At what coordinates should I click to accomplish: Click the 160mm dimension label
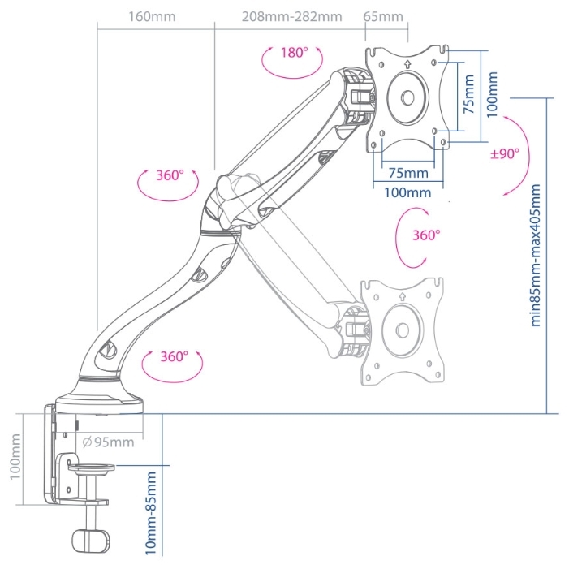coord(152,17)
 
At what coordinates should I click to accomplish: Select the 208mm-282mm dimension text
coord(291,17)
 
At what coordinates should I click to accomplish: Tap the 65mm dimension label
coord(383,17)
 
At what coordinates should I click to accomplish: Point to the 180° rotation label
coord(295,53)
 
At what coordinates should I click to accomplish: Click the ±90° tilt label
coord(505,154)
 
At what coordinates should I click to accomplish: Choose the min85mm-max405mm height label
coord(536,256)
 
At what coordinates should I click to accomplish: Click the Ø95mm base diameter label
coord(108,442)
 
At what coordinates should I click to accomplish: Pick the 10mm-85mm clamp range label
coord(151,513)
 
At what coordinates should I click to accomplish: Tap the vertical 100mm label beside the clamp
coord(15,456)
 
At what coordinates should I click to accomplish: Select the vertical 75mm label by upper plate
coord(469,94)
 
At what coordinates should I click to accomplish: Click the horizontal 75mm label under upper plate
coord(408,173)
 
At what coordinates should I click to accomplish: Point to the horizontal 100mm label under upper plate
coord(407,192)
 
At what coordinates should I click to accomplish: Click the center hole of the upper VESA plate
coord(407,97)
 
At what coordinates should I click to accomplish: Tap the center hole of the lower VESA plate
coord(403,330)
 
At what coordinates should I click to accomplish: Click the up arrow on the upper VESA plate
coord(407,64)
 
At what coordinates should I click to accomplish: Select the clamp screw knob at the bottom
coord(91,541)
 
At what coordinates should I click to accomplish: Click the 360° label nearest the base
coord(175,356)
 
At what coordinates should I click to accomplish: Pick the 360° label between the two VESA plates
coord(426,235)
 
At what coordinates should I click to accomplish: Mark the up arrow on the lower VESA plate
coord(402,297)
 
